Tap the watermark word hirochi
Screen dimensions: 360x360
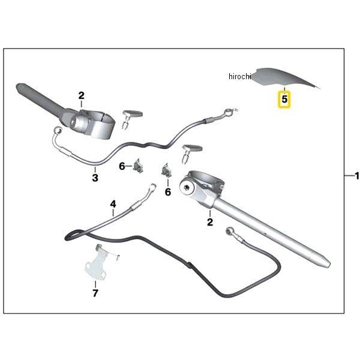[241, 77]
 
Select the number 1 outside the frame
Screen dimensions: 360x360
[356, 175]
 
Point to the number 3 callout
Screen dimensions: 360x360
[95, 178]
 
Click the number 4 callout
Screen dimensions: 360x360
[113, 205]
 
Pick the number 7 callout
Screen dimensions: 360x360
[94, 293]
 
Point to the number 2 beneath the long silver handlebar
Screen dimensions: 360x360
[210, 223]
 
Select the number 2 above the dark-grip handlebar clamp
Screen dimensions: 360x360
[82, 95]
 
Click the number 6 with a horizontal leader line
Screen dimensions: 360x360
[121, 166]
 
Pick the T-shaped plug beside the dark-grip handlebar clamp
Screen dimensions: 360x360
[131, 114]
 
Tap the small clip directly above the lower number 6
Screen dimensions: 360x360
[166, 170]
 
